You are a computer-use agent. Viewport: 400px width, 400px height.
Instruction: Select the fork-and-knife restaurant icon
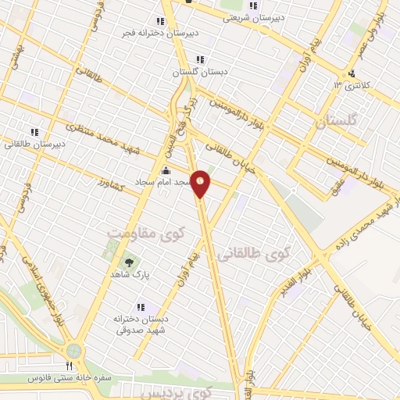point(69,365)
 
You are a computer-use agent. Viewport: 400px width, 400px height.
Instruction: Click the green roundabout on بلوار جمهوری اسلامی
point(75,350)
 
